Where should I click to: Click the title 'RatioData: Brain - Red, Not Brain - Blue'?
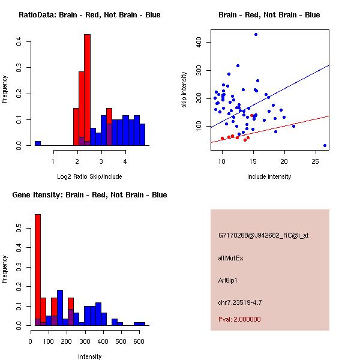tap(89, 15)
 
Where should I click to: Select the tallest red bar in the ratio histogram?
tap(87, 90)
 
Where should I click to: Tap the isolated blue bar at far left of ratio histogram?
tap(38, 143)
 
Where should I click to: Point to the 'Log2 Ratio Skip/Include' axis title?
tap(89, 176)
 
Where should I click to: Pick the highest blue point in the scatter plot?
tap(256, 35)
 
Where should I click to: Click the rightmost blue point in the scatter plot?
tap(325, 145)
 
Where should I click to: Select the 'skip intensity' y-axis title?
tap(184, 90)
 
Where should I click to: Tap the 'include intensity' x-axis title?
tap(269, 176)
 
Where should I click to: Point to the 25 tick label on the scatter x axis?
tap(316, 161)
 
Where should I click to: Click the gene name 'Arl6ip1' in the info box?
tap(228, 280)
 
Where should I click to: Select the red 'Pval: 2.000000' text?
tap(239, 319)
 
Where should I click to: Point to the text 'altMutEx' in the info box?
tap(231, 258)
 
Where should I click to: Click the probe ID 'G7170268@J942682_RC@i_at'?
tap(263, 236)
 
